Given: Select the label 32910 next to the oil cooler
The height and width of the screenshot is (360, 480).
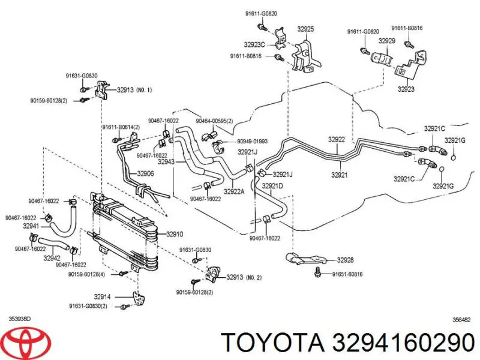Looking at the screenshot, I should click(x=175, y=234).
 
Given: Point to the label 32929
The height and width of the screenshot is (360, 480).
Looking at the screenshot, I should click(x=386, y=41).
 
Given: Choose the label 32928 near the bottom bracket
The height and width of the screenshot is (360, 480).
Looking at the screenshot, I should click(x=345, y=260).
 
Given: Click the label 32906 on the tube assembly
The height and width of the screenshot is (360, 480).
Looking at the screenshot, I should click(x=146, y=174).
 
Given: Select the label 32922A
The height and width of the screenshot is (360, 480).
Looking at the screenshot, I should click(x=235, y=192).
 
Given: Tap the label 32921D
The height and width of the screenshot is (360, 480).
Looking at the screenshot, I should click(x=273, y=186).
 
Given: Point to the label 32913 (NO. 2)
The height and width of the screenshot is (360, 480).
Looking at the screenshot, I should click(x=244, y=277).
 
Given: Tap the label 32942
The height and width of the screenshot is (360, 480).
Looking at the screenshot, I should click(x=52, y=258).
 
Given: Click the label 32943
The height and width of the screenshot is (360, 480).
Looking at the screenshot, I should click(x=166, y=161).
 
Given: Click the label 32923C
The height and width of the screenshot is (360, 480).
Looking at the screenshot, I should click(x=254, y=44).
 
